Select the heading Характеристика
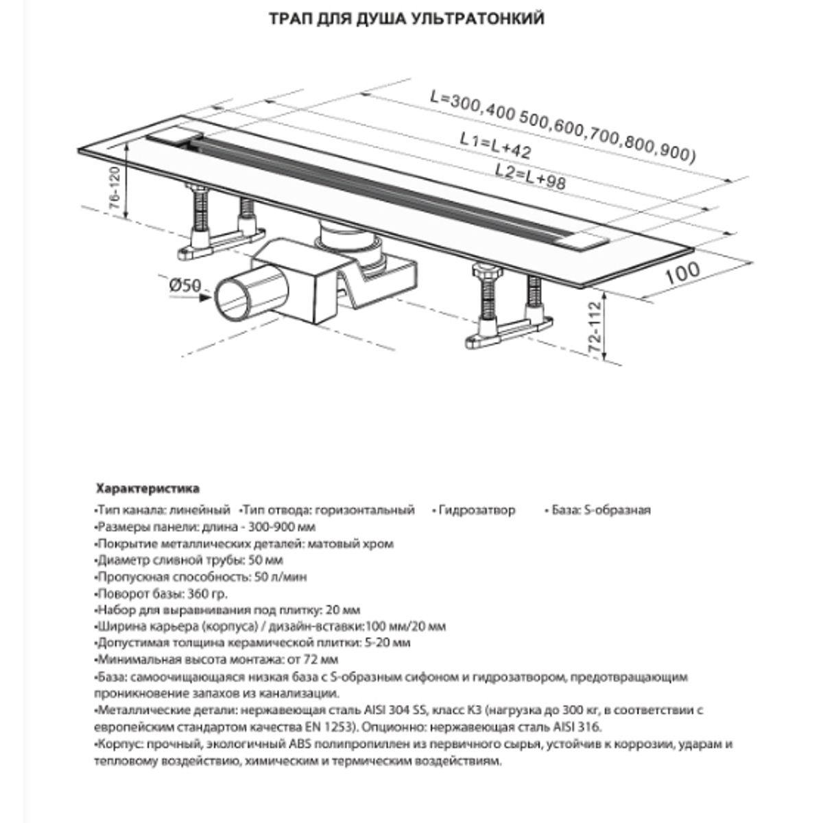(x=147, y=489)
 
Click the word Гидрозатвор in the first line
(x=477, y=510)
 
